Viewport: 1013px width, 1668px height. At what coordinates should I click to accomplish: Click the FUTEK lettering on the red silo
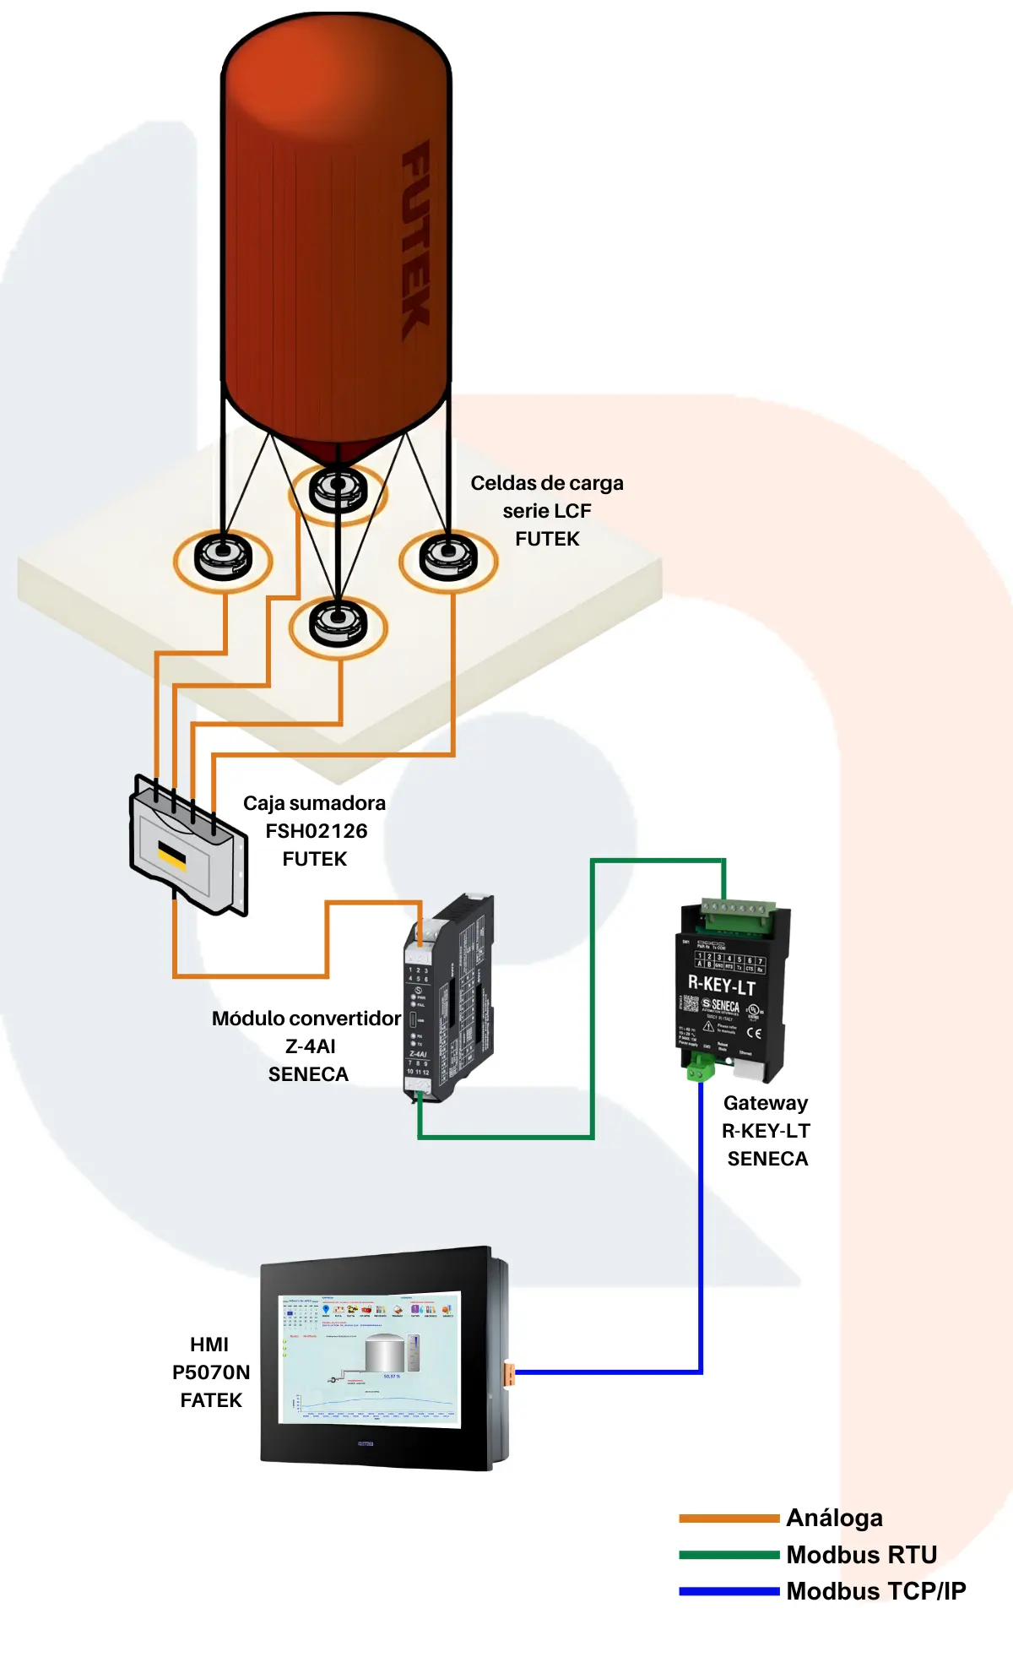(415, 241)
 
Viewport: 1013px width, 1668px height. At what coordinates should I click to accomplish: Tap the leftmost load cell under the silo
(223, 557)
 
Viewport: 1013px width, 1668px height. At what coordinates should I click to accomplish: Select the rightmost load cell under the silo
(448, 557)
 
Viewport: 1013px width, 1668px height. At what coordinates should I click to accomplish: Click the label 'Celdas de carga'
(546, 483)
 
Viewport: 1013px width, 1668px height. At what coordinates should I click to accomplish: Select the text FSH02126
(317, 831)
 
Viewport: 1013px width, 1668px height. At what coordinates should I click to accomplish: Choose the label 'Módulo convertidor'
(306, 1019)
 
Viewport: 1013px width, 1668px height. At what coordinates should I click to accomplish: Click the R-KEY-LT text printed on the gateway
(722, 985)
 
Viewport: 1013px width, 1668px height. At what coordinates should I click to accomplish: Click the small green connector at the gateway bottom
(700, 1071)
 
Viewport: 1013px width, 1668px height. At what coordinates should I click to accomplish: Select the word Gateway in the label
(766, 1103)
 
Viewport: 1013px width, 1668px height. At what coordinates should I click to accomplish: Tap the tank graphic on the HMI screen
(385, 1352)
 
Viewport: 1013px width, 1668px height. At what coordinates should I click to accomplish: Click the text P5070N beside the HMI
(211, 1372)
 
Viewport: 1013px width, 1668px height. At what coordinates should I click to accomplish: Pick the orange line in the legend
(729, 1519)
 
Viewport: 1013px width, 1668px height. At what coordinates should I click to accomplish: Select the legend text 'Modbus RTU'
(861, 1555)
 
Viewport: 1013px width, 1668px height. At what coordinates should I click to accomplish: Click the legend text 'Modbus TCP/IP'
(875, 1591)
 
